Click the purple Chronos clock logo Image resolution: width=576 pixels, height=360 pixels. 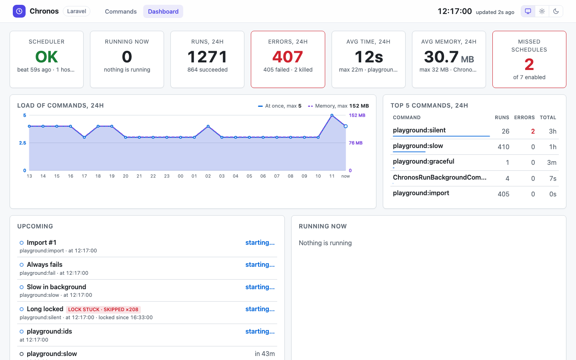19,11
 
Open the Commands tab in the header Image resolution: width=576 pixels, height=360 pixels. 121,12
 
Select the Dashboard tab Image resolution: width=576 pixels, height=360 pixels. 163,12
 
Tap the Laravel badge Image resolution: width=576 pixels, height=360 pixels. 76,11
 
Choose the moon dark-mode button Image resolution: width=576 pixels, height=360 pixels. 556,11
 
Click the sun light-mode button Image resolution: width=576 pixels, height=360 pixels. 542,11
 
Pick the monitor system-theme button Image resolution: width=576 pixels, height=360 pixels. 528,11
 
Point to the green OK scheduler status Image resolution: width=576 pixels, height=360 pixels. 46,56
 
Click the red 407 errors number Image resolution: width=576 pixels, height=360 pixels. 288,56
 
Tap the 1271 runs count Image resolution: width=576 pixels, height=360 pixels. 207,56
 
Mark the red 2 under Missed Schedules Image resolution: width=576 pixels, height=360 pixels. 529,64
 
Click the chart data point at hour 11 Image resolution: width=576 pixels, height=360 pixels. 332,116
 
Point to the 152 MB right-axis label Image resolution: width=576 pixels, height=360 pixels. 357,115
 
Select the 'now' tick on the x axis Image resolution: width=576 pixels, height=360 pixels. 346,176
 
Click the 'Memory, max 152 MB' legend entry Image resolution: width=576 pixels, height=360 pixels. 338,106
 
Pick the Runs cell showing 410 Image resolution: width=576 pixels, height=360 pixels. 503,147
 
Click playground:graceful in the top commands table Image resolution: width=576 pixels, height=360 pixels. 424,162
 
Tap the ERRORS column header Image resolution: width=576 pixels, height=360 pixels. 524,118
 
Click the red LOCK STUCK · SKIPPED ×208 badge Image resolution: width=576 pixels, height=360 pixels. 103,309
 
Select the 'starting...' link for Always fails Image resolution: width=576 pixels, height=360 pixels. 260,265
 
